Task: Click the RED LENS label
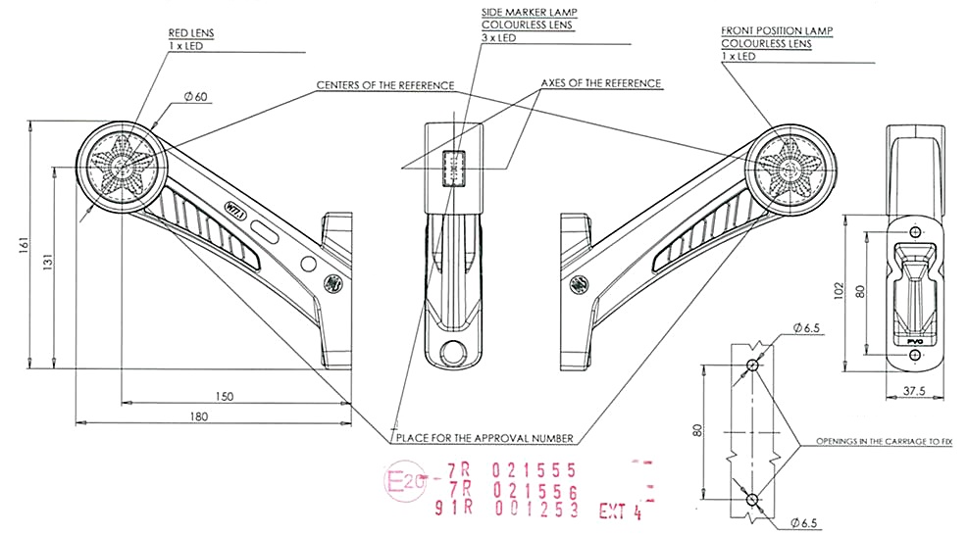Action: pyautogui.click(x=190, y=32)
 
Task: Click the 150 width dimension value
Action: pyautogui.click(x=225, y=396)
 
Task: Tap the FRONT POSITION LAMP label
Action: pyautogui.click(x=777, y=31)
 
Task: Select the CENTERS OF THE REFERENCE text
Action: pyautogui.click(x=384, y=85)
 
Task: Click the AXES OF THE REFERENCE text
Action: pyautogui.click(x=601, y=83)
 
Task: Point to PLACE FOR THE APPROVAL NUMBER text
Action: pyautogui.click(x=484, y=438)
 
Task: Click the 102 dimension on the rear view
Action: pyautogui.click(x=840, y=290)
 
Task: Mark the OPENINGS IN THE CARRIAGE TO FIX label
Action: pyautogui.click(x=886, y=442)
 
